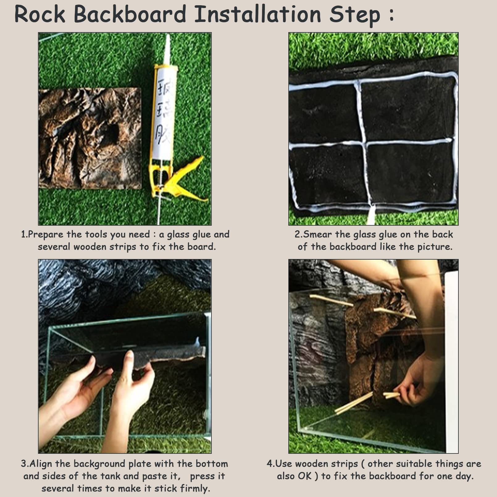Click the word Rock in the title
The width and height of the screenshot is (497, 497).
[x=40, y=14]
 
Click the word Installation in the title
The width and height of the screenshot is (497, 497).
[x=257, y=14]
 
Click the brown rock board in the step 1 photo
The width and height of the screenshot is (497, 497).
[x=90, y=137]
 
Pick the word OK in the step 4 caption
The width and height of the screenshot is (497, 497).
[x=305, y=476]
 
